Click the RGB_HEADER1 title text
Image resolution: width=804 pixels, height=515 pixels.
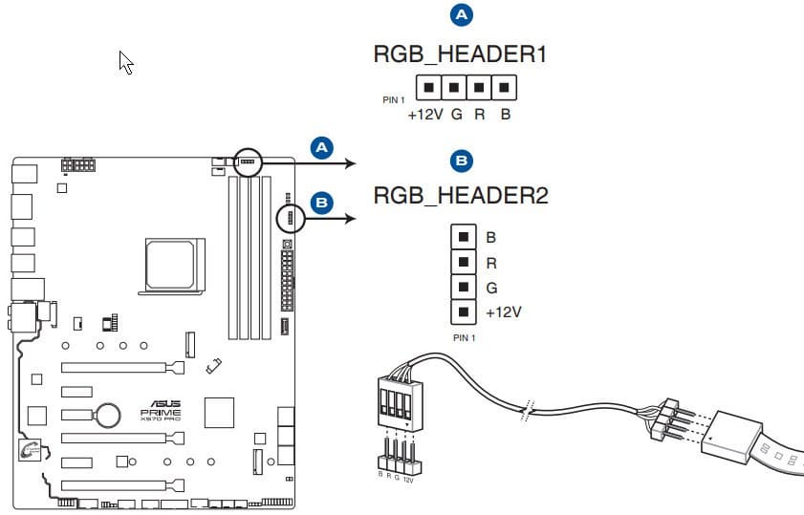tap(460, 55)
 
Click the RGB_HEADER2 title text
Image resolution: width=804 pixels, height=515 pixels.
tap(461, 197)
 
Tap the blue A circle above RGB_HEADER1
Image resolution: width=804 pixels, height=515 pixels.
tap(461, 14)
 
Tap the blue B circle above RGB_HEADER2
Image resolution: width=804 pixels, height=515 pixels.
tap(461, 160)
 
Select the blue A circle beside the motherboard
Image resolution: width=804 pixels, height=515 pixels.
tap(322, 146)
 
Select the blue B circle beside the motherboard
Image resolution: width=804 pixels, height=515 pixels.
tap(322, 202)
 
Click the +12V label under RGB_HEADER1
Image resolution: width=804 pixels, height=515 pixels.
tap(424, 114)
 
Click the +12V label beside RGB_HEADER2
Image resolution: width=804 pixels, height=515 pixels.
tap(504, 312)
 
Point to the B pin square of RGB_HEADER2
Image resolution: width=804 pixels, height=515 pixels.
tap(463, 237)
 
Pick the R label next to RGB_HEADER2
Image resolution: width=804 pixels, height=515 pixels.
tap(491, 263)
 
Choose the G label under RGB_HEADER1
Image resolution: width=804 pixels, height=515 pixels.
tap(457, 114)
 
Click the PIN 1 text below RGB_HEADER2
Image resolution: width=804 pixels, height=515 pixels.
tap(464, 337)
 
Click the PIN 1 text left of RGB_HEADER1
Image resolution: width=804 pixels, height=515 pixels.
tap(394, 98)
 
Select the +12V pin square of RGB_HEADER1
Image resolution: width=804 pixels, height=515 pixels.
tap(429, 88)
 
